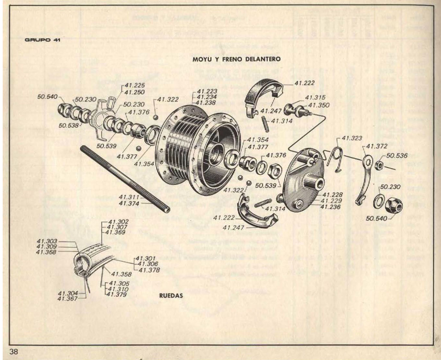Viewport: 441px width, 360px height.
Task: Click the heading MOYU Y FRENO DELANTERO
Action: (x=236, y=59)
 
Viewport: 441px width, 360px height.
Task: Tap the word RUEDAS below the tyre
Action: (x=171, y=295)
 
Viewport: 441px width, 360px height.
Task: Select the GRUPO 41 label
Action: (x=42, y=40)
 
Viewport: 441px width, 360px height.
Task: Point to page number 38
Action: (x=14, y=352)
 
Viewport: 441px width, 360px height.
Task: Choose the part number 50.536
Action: (x=397, y=156)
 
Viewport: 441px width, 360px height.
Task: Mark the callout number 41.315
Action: (x=315, y=97)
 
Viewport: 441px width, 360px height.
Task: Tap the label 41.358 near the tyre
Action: (x=121, y=274)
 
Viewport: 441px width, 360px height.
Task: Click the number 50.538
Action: (x=68, y=125)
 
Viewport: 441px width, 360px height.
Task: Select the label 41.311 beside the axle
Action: (x=129, y=197)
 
